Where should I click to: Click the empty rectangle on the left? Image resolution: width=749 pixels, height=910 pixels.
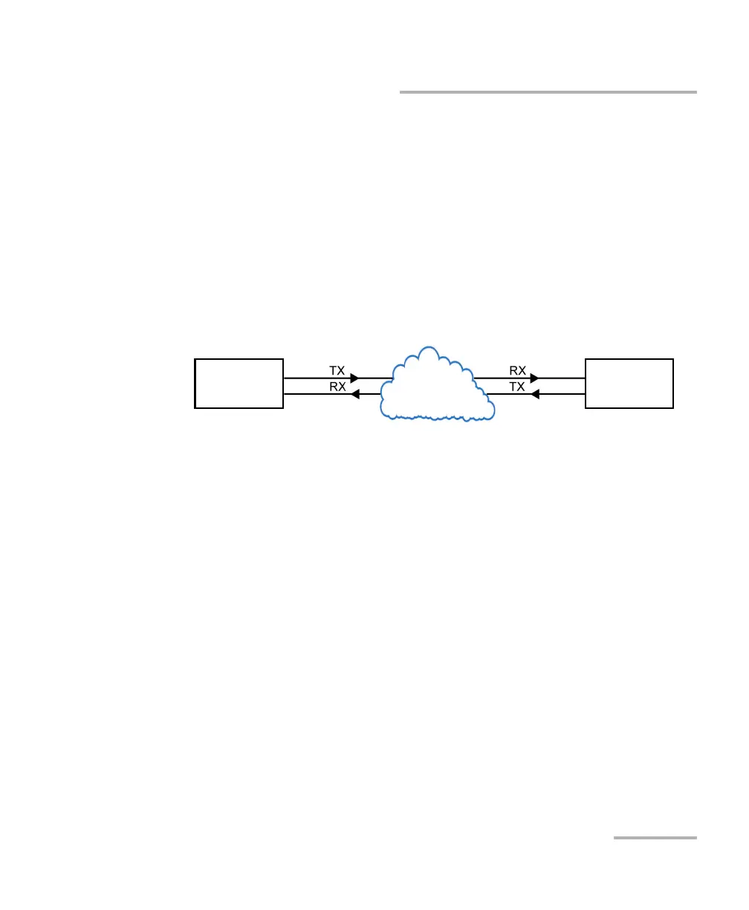point(239,383)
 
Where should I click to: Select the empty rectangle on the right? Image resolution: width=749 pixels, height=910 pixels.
point(629,383)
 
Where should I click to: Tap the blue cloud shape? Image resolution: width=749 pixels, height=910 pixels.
point(436,387)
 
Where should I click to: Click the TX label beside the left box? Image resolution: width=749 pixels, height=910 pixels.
point(337,370)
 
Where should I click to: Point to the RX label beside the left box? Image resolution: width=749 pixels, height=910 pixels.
point(337,387)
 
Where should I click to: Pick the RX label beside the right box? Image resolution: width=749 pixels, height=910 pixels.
point(518,370)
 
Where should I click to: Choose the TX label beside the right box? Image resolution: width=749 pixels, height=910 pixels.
point(518,387)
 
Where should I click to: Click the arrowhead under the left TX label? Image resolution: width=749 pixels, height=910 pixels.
point(354,378)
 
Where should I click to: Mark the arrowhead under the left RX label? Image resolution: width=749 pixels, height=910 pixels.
point(355,394)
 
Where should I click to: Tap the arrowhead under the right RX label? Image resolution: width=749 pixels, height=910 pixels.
point(534,378)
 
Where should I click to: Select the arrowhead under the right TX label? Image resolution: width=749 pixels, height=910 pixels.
point(535,394)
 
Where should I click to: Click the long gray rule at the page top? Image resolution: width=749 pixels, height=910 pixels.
point(548,92)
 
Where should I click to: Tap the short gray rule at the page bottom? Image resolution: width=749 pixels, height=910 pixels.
point(655,838)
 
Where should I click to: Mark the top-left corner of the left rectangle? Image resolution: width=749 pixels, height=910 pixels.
point(195,359)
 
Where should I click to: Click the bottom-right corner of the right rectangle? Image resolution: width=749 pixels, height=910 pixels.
point(673,408)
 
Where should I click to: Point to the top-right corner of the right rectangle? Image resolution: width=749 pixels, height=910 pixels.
point(673,359)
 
